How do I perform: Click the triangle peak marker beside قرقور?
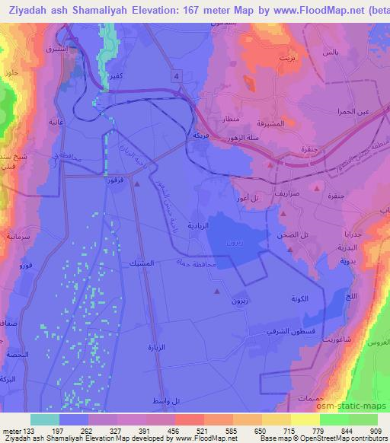[x=136, y=183]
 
